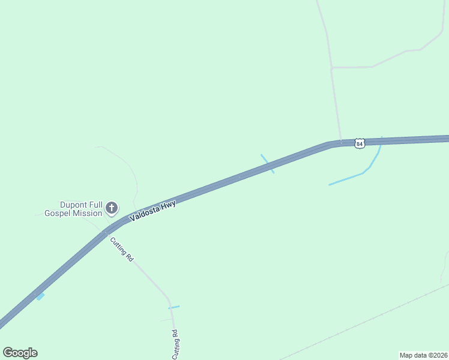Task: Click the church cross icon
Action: pos(111,208)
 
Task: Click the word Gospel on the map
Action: pos(58,213)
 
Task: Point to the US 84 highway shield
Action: pos(359,143)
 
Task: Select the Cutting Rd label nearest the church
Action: pos(121,249)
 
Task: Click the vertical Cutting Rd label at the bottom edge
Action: pos(175,344)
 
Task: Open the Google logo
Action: pos(20,353)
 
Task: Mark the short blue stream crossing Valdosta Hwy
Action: pos(267,163)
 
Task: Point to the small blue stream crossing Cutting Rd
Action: pos(173,307)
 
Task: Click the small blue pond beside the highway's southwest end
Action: pos(40,296)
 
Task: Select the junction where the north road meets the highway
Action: pos(341,143)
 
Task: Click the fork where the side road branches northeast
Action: pos(331,68)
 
